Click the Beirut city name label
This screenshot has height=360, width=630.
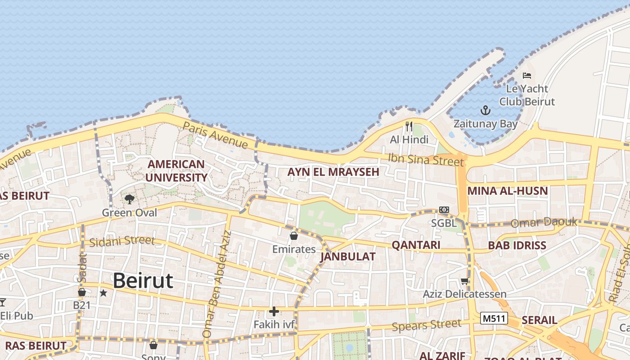[x=143, y=281]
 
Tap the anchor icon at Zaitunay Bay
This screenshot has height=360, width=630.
[x=485, y=110]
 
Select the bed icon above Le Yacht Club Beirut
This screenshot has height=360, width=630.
[x=527, y=76]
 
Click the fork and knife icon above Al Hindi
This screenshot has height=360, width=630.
[x=409, y=126]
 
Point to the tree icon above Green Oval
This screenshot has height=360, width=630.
[x=130, y=199]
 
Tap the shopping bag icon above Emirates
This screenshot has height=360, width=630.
[x=294, y=235]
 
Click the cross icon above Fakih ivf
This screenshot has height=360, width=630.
[x=274, y=311]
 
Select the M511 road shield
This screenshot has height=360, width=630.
[x=494, y=319]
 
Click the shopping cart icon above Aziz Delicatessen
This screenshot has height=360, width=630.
[x=464, y=281]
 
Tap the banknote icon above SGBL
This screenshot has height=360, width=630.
[x=444, y=210]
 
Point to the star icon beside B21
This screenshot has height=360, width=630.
[x=103, y=293]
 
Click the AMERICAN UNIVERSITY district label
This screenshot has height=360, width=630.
[x=176, y=171]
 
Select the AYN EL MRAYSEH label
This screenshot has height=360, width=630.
[x=333, y=172]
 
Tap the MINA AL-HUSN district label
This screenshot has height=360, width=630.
[x=508, y=191]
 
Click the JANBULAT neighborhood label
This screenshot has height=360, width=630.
[x=347, y=256]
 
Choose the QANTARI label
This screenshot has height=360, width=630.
[x=416, y=245]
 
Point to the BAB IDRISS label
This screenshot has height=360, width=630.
[x=517, y=246]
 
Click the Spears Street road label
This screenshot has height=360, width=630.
[x=427, y=325]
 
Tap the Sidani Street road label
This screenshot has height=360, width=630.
[x=121, y=241]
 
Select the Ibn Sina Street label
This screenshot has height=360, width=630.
[x=426, y=159]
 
